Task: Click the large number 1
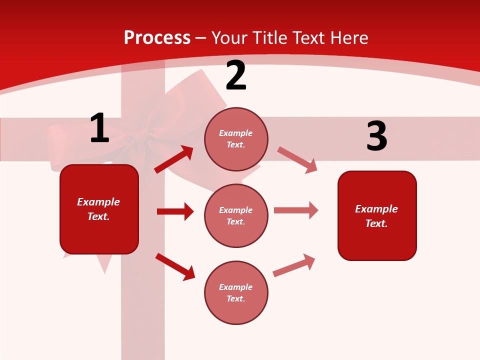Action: pos(99,128)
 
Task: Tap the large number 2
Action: pos(235,75)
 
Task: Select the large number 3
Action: pos(376,136)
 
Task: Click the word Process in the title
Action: pos(157,37)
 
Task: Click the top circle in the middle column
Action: pos(236,139)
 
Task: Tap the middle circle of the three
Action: pos(236,215)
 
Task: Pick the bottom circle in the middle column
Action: pos(236,292)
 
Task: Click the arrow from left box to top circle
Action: pos(174,159)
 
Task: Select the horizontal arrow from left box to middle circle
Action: pos(175,211)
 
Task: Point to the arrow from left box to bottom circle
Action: pos(175,266)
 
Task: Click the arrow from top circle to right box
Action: pos(297,159)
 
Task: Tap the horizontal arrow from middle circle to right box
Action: pos(296,210)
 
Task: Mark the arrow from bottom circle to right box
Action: pos(294,265)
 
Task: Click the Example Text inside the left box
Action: pos(98,209)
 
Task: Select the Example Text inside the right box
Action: pos(376,216)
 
